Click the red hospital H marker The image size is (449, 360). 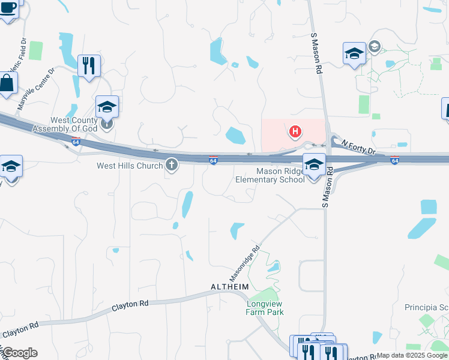pyautogui.click(x=295, y=131)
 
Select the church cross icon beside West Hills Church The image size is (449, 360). pyautogui.click(x=172, y=165)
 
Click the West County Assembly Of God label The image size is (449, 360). pyautogui.click(x=64, y=125)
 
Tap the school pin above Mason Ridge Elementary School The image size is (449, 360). pyautogui.click(x=313, y=164)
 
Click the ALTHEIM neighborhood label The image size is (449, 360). pyautogui.click(x=229, y=287)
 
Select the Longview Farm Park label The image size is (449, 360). pyautogui.click(x=265, y=308)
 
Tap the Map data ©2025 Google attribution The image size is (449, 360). pyautogui.click(x=412, y=355)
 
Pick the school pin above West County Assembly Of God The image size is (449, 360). pyautogui.click(x=107, y=106)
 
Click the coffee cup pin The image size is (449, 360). pyautogui.click(x=8, y=10)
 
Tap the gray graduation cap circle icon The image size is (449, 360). pyautogui.click(x=375, y=46)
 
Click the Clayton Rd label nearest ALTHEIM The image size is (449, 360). pyautogui.click(x=130, y=305)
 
